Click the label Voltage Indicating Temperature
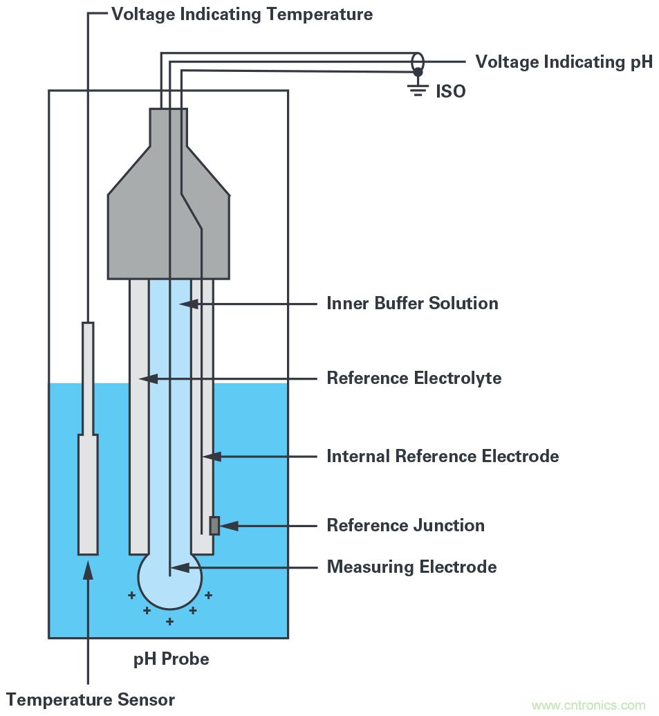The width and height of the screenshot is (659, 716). click(241, 14)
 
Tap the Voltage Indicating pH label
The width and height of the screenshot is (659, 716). click(564, 62)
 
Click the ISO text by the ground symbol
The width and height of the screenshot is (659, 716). click(450, 91)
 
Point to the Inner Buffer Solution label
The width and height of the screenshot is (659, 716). click(412, 303)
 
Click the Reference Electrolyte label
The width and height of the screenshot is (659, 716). click(414, 378)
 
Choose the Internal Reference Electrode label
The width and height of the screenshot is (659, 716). click(443, 457)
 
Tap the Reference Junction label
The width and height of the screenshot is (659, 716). click(405, 525)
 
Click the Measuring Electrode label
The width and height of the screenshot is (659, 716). click(411, 567)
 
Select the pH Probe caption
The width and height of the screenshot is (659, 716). click(171, 659)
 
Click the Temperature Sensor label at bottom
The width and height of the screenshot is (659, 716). click(91, 699)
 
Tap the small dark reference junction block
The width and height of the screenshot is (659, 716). click(214, 526)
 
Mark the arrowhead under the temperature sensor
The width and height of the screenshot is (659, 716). click(88, 568)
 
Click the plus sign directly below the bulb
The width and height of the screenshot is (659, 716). click(169, 622)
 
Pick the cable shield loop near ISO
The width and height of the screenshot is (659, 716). click(418, 61)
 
